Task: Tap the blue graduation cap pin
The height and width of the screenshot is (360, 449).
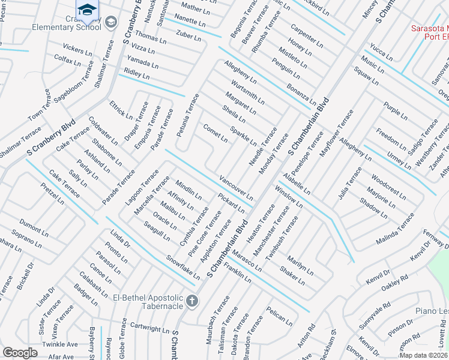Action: click(x=86, y=10)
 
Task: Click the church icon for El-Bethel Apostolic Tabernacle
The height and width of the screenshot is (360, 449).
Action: click(x=191, y=301)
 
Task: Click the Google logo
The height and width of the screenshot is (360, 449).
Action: click(x=20, y=353)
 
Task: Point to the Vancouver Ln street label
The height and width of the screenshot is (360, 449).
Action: click(x=236, y=188)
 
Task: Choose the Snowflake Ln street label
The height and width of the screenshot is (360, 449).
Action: click(x=183, y=268)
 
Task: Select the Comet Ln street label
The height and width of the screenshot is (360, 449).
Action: click(x=215, y=133)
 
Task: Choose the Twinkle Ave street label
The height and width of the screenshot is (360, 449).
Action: click(x=60, y=344)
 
